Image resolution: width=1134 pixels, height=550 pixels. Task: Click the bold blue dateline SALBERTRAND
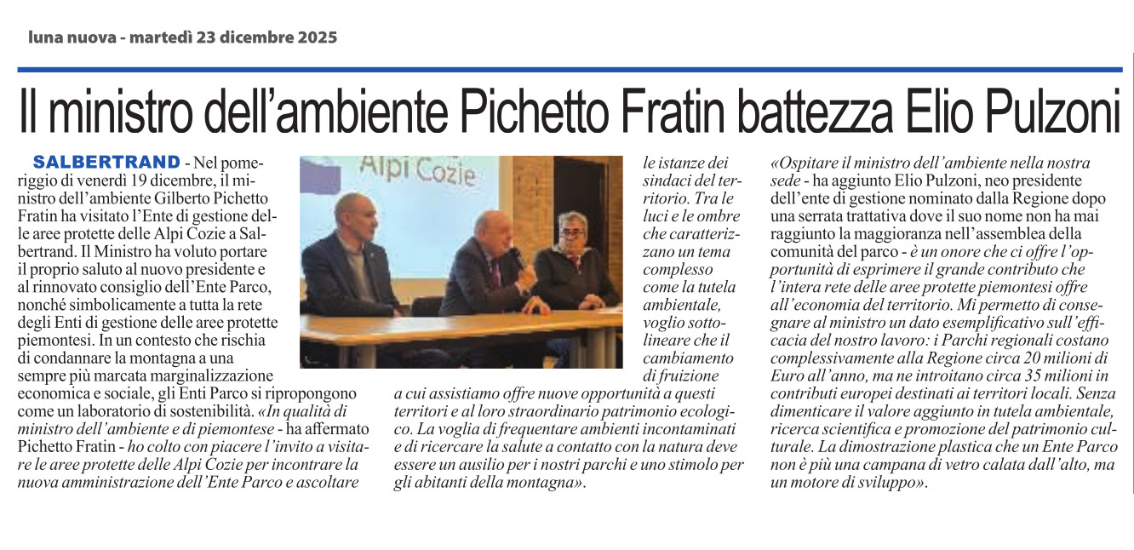click(x=106, y=162)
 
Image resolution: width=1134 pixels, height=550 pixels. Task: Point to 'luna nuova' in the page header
click(x=72, y=37)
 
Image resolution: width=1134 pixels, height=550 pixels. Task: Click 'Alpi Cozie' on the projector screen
click(x=416, y=170)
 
